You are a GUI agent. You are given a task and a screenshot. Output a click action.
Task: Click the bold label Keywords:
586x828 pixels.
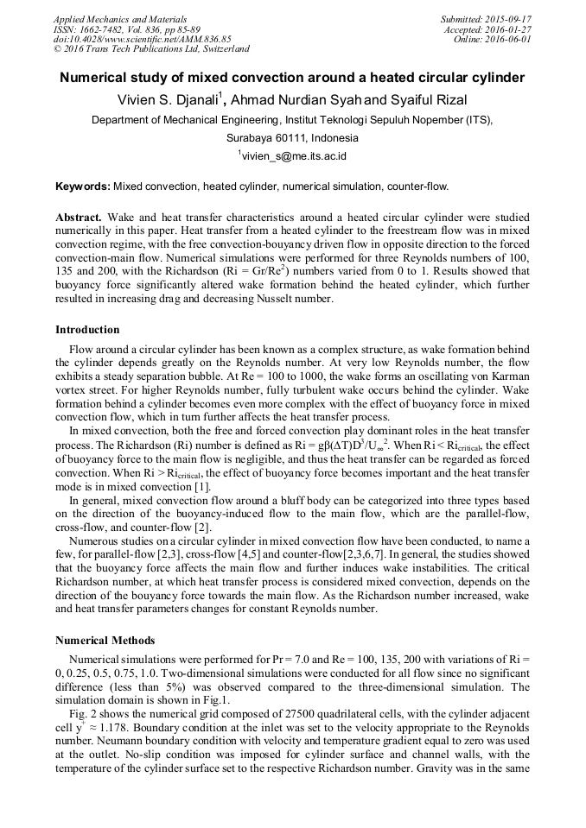click(x=83, y=186)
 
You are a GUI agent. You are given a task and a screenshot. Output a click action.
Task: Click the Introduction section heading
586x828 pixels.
click(x=87, y=330)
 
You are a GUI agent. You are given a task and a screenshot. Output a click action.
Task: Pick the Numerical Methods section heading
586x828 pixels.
click(x=105, y=641)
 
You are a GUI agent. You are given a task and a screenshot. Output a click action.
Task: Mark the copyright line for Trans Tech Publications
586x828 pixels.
click(x=151, y=49)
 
